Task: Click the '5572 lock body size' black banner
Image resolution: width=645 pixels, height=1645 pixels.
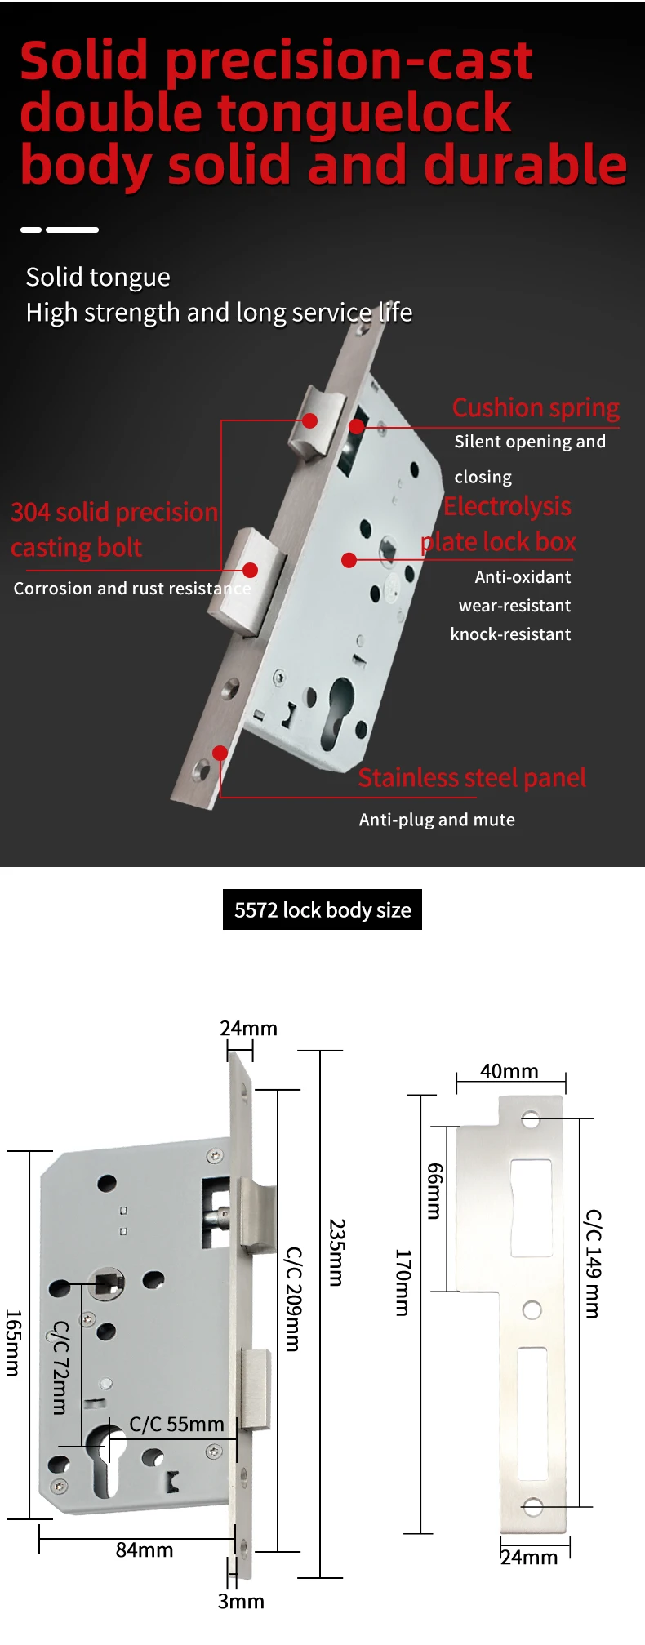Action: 322,909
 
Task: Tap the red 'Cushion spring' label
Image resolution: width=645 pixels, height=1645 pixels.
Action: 536,407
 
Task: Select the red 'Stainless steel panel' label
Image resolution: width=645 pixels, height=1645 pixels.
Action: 472,777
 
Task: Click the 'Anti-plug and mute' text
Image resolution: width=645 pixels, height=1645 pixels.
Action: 437,820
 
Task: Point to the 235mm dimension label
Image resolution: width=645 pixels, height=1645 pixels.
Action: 336,1253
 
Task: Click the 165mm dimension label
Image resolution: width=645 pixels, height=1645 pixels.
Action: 12,1343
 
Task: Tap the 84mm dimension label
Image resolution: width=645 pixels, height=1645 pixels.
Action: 145,1549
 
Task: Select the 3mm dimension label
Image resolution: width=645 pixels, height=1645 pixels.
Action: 241,1601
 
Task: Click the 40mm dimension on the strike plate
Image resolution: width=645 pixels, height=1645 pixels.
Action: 509,1071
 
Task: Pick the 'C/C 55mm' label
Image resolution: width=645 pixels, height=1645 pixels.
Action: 176,1425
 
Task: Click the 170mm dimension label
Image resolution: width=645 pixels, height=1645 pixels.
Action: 403,1283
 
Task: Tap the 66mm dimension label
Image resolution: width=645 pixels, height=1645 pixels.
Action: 434,1191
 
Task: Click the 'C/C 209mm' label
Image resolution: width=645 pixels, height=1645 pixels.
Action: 293,1299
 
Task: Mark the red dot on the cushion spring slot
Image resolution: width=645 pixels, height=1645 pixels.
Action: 357,426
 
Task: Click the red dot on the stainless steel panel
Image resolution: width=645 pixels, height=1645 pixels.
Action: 220,753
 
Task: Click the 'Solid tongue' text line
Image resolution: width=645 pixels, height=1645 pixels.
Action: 98,278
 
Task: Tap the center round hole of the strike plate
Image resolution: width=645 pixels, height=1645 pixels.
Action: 532,1310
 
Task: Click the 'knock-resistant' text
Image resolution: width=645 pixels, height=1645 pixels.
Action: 510,634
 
